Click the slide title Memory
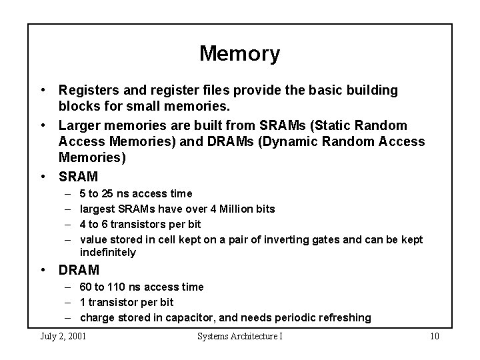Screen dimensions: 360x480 (239, 54)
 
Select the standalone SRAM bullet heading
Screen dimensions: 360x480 (79, 177)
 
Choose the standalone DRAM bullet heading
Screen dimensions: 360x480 (79, 270)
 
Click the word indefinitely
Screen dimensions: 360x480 (107, 253)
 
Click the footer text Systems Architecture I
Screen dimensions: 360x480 (239, 336)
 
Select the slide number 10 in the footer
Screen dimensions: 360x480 (434, 336)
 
